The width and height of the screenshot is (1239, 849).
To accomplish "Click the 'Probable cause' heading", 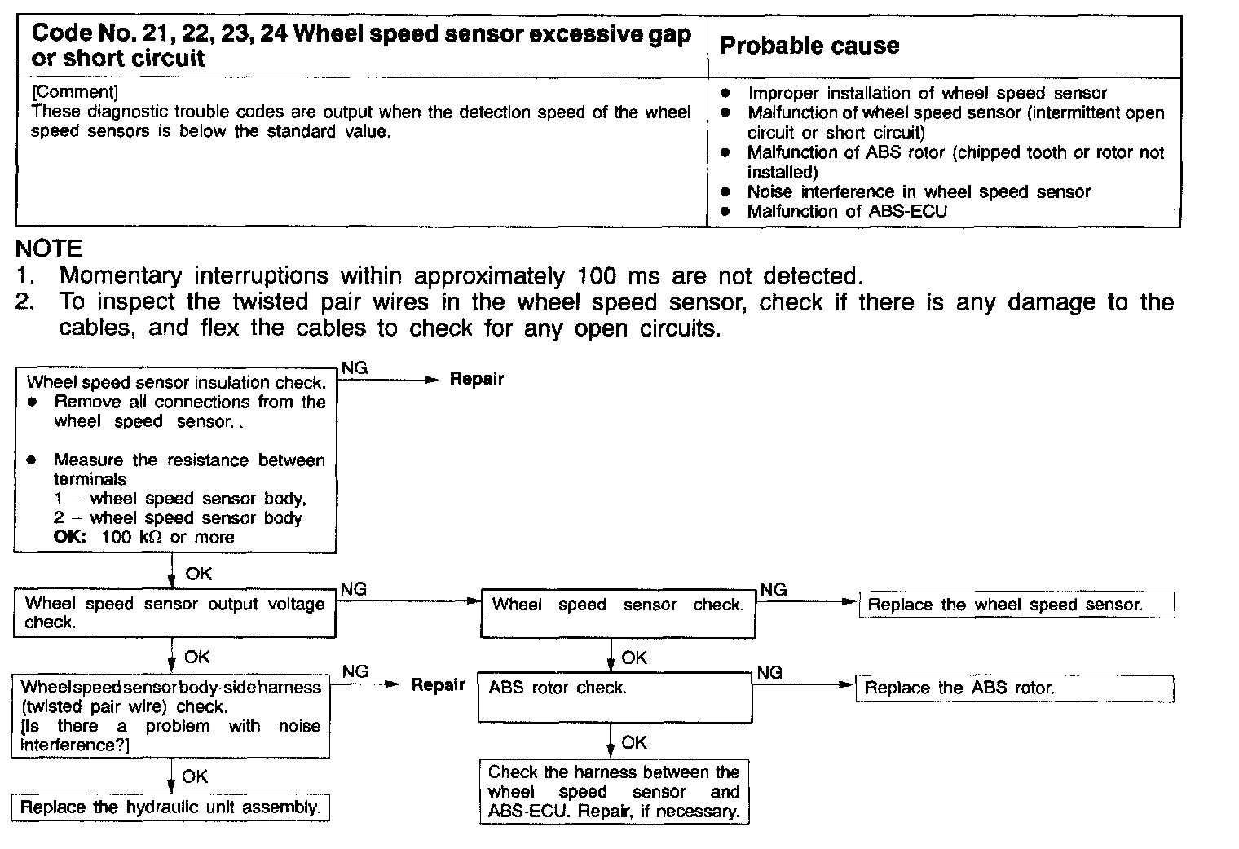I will coord(809,46).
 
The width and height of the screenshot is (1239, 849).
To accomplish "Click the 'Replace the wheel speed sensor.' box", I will coord(1016,605).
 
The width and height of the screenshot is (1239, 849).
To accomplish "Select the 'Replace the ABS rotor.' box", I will coord(1014,688).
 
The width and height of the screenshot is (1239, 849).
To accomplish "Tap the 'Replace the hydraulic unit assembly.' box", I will coord(170,807).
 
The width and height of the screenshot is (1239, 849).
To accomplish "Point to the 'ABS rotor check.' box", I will coord(615,697).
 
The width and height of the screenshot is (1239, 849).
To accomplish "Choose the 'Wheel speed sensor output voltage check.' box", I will coord(174,613).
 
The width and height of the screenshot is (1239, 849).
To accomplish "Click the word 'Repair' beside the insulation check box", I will coord(477,379).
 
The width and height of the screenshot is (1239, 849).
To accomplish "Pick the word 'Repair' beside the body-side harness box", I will coord(438,684).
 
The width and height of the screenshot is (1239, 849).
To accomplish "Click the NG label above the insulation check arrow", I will coord(354,368).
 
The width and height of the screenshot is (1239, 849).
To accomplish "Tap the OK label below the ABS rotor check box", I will coord(633,742).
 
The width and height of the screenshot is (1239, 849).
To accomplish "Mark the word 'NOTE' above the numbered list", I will coord(50,249).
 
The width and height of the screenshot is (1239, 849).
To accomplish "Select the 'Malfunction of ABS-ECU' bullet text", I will coord(847,212).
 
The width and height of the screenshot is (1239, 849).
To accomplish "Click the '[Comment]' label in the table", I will coord(74,92).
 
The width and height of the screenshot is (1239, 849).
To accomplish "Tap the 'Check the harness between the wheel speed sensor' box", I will coord(614,791).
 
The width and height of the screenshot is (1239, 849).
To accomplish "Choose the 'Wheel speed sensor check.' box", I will coord(618,613).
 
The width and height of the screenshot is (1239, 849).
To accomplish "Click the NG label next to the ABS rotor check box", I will coord(769,672).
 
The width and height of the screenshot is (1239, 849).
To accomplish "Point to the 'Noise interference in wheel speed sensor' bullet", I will coord(919,192).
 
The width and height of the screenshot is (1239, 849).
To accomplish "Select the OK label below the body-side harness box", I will coord(194,776).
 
